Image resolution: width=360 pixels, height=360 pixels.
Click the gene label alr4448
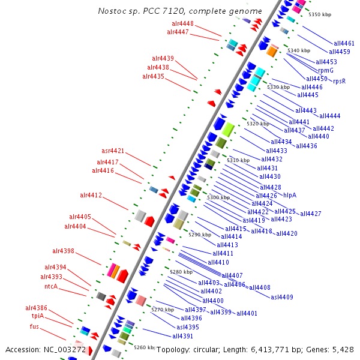click(x=180, y=23)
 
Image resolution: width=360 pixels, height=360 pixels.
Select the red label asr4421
click(x=113, y=151)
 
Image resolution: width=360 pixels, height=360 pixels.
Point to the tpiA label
click(x=38, y=316)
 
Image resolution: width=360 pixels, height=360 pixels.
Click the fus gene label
click(x=35, y=326)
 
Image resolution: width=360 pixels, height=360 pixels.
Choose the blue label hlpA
click(x=290, y=195)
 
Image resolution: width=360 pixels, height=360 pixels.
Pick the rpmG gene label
click(x=326, y=70)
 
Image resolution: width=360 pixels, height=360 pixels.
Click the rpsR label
click(x=339, y=81)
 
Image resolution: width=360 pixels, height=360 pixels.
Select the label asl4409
click(x=282, y=297)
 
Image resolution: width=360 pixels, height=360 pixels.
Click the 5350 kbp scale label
click(x=319, y=14)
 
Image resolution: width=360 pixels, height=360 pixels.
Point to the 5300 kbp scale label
click(x=218, y=197)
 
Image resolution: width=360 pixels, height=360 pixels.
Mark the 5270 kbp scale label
click(x=162, y=310)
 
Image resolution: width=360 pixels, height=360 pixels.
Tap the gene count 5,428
click(x=342, y=349)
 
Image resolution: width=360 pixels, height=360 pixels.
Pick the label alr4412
click(x=91, y=195)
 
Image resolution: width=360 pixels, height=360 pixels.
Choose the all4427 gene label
click(x=311, y=214)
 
